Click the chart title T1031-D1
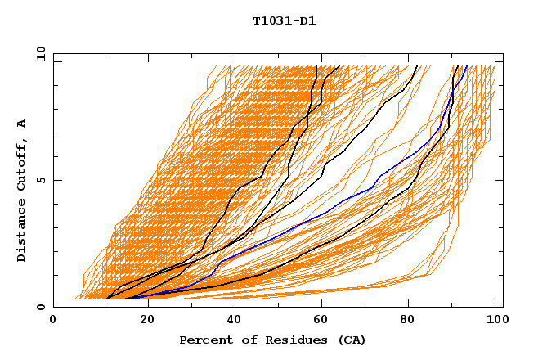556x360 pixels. pyautogui.click(x=284, y=21)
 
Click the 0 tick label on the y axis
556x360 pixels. pyautogui.click(x=41, y=307)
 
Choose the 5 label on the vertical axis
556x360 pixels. pyautogui.click(x=41, y=180)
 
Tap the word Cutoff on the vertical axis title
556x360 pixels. pyautogui.click(x=21, y=164)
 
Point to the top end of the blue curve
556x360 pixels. pyautogui.click(x=466, y=66)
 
